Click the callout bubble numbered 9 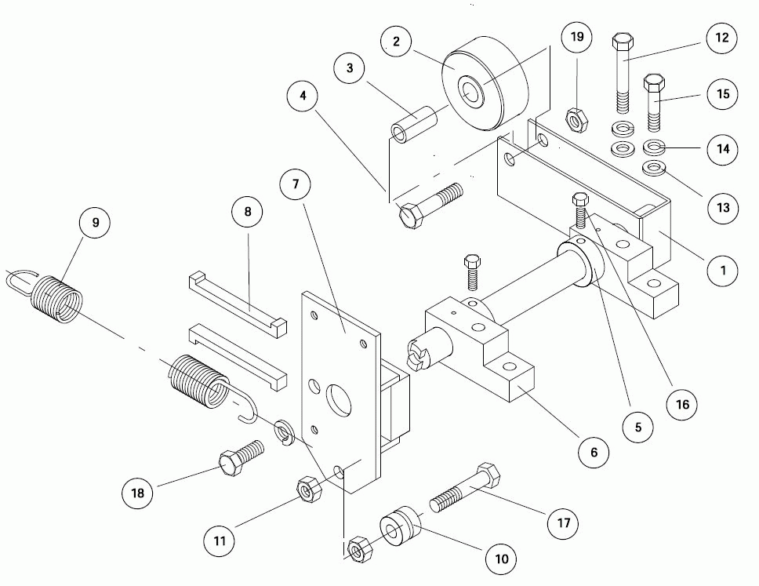click(96, 223)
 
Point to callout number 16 click(681, 404)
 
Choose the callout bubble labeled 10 click(502, 559)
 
